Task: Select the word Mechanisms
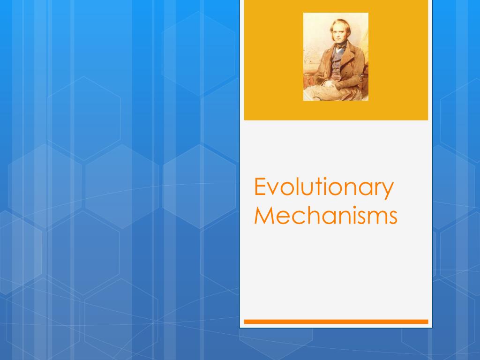click(x=325, y=216)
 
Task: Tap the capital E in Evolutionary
click(x=260, y=187)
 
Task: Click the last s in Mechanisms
click(x=392, y=217)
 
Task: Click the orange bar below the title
click(x=336, y=322)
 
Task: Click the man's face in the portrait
click(x=339, y=33)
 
